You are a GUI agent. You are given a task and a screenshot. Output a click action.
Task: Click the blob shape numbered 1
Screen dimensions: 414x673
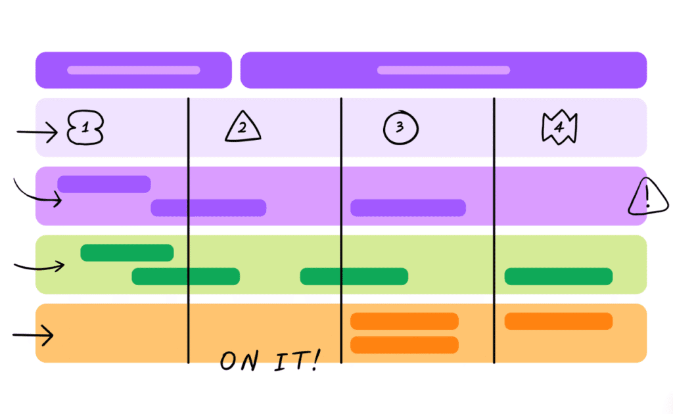85,129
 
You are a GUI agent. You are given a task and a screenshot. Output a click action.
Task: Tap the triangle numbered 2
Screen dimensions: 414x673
243,127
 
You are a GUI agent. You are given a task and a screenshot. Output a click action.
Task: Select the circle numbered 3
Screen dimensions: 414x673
400,127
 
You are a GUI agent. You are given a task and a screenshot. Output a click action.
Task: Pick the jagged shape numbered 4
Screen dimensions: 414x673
559,128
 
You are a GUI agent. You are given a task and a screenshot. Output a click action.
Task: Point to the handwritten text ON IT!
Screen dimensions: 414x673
269,361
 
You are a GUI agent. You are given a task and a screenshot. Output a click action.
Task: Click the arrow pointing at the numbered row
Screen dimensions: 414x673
38,133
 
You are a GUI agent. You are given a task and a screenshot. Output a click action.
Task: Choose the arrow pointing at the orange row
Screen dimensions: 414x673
33,336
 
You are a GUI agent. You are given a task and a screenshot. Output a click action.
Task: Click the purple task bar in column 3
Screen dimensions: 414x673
408,208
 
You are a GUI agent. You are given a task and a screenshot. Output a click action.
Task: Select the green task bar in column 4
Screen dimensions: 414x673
559,277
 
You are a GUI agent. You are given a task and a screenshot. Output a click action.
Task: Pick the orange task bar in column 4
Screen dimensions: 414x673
559,321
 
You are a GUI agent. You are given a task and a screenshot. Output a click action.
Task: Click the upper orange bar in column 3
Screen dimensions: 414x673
404,321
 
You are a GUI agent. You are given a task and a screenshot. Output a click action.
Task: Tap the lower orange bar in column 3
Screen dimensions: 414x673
404,344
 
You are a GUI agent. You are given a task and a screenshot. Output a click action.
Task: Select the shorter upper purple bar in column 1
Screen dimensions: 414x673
104,184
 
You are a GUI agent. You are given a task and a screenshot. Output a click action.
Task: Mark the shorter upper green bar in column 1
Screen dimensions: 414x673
127,252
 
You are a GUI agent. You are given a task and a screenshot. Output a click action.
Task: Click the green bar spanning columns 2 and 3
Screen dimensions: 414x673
354,277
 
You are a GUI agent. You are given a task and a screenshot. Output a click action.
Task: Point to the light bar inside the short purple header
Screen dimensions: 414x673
133,70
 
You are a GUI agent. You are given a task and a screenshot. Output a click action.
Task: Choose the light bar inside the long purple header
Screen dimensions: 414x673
444,70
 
